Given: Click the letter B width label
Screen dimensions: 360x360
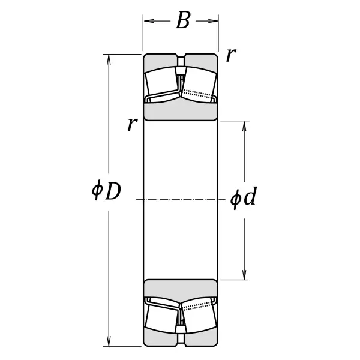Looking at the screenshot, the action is (x=183, y=20).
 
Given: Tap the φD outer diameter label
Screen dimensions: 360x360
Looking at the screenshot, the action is (x=106, y=190).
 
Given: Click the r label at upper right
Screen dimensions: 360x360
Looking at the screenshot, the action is (x=231, y=55).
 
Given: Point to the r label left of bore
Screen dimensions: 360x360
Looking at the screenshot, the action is (x=133, y=124).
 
